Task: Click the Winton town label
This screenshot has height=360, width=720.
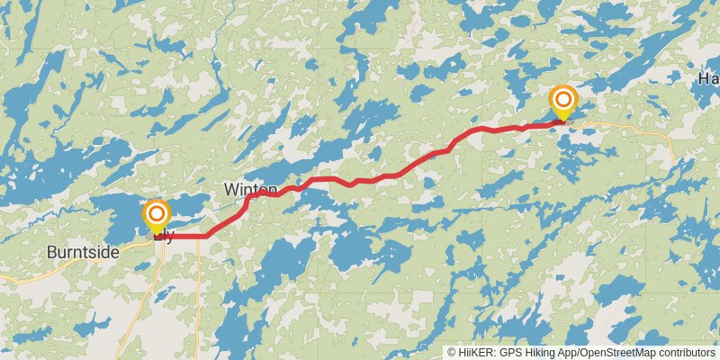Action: pos(251,189)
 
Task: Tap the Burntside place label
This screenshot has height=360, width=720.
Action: pos(83,253)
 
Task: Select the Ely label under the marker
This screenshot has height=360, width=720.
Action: pos(164,238)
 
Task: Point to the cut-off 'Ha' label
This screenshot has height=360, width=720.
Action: pos(708,78)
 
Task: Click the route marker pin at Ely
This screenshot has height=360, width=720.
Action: pos(157,216)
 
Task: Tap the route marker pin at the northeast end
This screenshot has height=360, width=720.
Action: pos(563,102)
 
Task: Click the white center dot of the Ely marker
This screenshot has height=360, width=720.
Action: pos(157,213)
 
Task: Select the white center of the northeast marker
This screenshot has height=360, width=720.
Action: pos(563,98)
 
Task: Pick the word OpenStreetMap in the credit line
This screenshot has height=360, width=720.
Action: pos(616,353)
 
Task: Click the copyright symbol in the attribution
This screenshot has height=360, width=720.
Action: pos(452,353)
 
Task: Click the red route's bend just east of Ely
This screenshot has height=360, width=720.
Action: pos(209,236)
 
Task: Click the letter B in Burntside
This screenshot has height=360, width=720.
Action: pos(51,253)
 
